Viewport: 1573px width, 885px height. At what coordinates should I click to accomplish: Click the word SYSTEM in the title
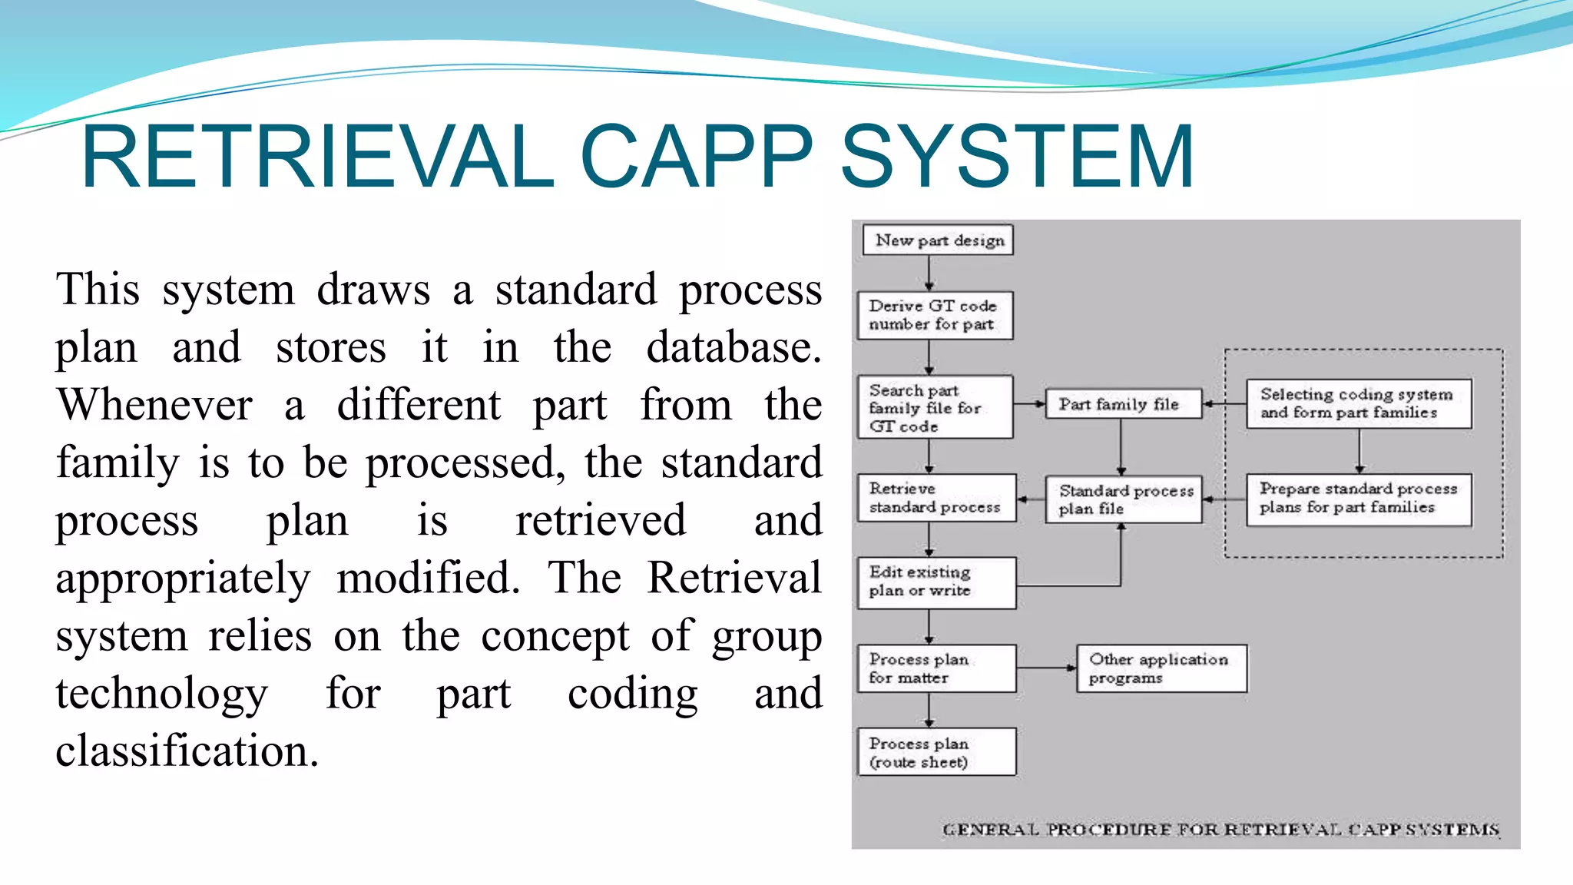pos(1018,157)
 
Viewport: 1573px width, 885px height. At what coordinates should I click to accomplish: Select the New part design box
pos(937,240)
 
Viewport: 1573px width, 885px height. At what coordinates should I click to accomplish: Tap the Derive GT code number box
pos(935,316)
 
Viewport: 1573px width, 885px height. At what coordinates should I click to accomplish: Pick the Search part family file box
pos(935,408)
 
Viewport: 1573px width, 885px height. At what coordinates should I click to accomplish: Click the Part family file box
pos(1123,404)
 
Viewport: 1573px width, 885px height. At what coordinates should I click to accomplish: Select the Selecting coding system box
pos(1358,404)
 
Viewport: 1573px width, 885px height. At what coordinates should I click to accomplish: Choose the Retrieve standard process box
pos(936,499)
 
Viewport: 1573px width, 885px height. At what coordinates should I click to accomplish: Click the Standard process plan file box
pos(1124,499)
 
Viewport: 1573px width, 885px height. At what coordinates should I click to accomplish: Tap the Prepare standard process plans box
pos(1358,499)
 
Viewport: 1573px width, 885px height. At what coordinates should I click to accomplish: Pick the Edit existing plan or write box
pos(936,582)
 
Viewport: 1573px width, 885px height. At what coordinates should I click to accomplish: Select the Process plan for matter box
pos(936,669)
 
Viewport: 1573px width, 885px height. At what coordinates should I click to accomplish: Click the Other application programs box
pos(1161,669)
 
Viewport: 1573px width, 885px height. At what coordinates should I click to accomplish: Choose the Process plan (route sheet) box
pos(936,753)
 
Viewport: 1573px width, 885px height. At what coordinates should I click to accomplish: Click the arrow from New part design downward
pos(929,273)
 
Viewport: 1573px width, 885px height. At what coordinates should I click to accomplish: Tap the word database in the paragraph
pos(734,348)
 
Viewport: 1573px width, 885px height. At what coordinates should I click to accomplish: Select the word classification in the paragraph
pos(187,751)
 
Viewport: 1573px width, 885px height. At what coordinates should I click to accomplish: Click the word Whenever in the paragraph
pos(154,406)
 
